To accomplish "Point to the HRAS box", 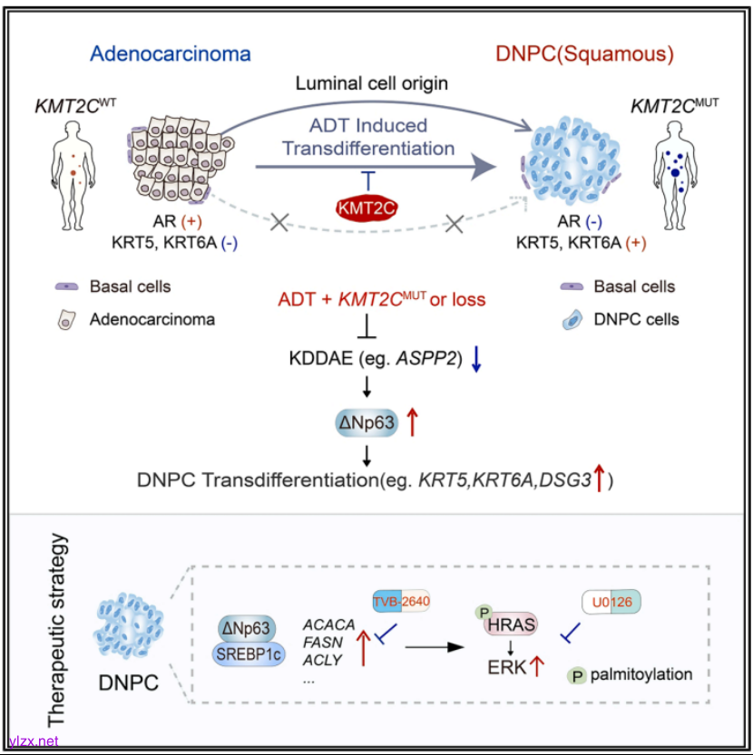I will (x=510, y=624).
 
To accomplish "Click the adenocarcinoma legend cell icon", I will (x=66, y=319).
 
